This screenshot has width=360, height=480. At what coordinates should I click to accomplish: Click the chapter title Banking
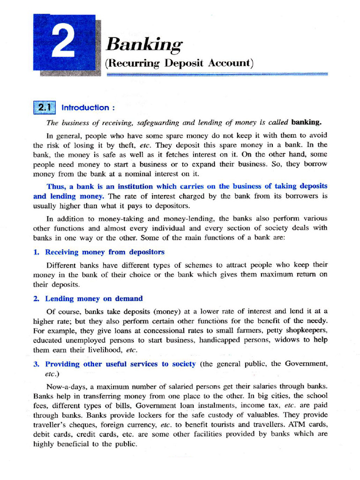point(143,45)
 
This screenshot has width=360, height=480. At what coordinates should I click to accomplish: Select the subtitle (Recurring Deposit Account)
point(180,63)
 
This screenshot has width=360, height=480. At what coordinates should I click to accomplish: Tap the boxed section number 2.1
point(45,107)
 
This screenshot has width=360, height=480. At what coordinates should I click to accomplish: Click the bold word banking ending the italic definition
point(307,123)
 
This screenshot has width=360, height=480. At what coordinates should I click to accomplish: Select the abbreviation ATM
point(293,425)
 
